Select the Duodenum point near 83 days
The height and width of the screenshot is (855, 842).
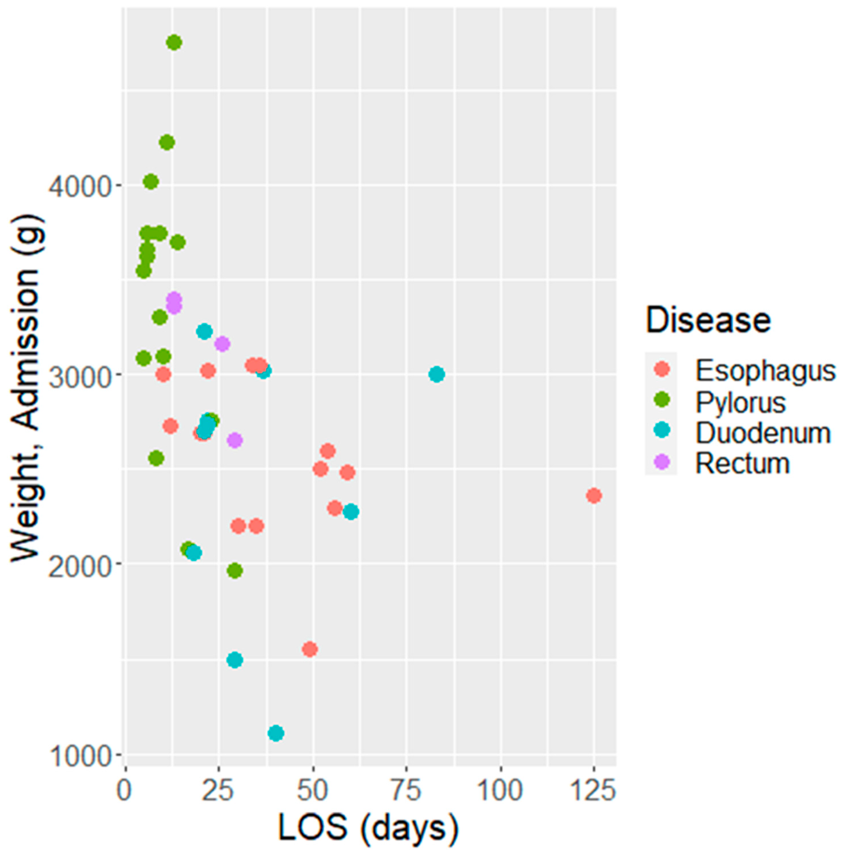[x=436, y=374]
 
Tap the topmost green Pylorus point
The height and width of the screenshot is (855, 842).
[x=174, y=43]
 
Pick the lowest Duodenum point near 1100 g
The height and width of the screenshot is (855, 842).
[x=276, y=733]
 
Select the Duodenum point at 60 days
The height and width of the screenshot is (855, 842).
[x=351, y=512]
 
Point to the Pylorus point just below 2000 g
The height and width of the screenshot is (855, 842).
[x=235, y=571]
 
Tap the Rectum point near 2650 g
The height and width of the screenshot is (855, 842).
[x=235, y=440]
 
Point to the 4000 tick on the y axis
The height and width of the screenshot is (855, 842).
[x=79, y=186]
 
